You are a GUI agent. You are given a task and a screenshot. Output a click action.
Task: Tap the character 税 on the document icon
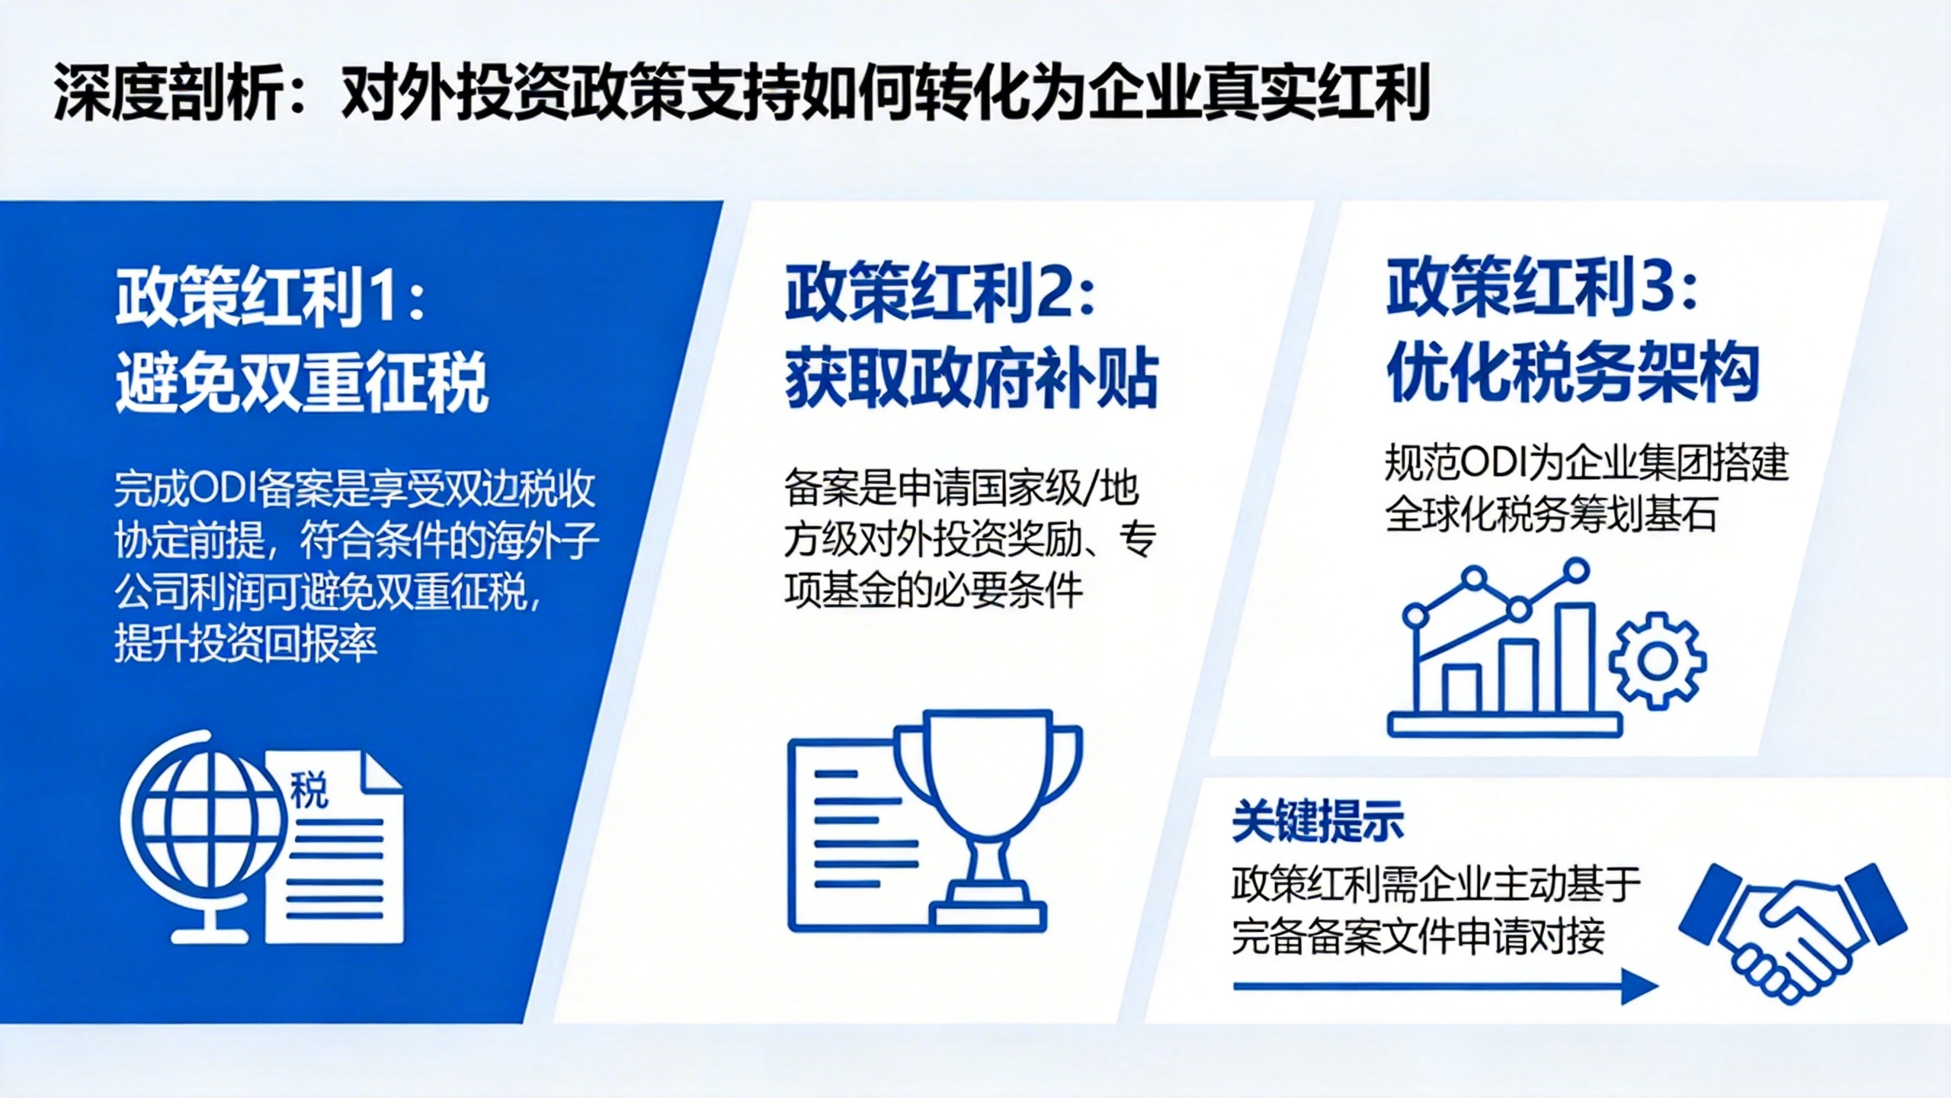pyautogui.click(x=309, y=789)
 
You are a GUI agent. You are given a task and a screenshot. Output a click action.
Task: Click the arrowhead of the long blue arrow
pyautogui.click(x=1639, y=987)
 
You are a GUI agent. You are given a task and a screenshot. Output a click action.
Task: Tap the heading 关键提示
pyautogui.click(x=1318, y=821)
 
